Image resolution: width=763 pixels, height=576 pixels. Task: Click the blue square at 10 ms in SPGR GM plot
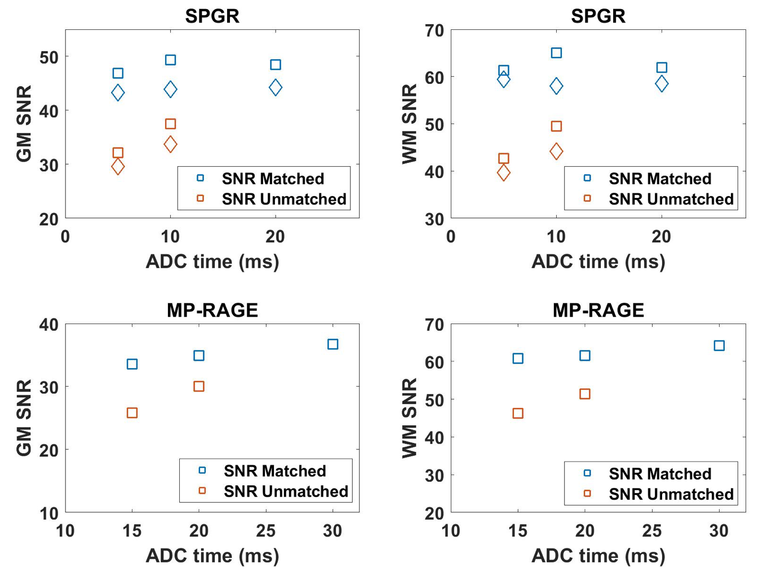(x=170, y=60)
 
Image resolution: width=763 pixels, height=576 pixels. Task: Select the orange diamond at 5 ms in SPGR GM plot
(x=118, y=167)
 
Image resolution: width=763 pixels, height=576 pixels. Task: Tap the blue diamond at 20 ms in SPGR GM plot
(x=275, y=87)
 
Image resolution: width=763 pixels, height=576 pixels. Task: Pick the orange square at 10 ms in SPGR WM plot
(x=556, y=126)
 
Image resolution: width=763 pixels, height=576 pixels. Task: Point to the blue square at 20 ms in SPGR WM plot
(x=662, y=68)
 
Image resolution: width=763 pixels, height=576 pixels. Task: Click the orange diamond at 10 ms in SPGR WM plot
(x=556, y=151)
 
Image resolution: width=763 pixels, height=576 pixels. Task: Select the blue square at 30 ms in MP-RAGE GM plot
(x=332, y=344)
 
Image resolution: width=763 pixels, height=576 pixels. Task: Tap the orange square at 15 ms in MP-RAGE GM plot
(x=132, y=413)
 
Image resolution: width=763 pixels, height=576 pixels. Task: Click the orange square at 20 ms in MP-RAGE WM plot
(x=585, y=394)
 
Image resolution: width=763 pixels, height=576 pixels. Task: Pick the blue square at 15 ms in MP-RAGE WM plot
(x=518, y=358)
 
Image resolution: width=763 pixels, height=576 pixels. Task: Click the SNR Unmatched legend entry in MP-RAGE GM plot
(x=285, y=491)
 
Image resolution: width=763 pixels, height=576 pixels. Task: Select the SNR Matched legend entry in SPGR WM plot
(x=659, y=179)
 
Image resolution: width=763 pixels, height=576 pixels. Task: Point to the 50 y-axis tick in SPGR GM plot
(x=49, y=57)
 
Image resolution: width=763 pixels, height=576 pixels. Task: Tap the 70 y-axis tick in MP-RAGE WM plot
(x=434, y=325)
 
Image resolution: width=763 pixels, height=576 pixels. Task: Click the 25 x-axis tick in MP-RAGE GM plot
(x=266, y=531)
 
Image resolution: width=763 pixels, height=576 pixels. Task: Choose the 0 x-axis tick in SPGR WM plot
(x=451, y=237)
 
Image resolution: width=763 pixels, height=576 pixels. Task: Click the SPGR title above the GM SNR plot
(x=212, y=16)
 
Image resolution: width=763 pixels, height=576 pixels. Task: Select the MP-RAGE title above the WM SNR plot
(x=598, y=310)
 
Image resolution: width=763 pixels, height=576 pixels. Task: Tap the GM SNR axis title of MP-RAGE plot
(x=24, y=418)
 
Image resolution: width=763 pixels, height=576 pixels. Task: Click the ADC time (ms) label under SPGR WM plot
(x=598, y=262)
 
